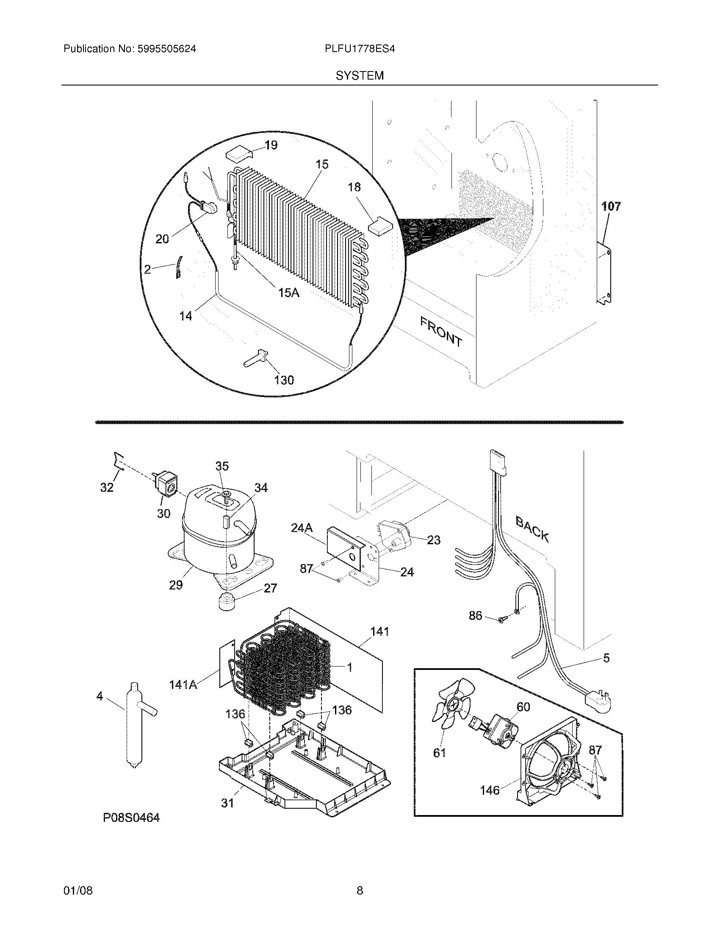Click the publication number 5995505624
(166, 49)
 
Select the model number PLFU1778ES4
(360, 49)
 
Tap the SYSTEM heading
(360, 76)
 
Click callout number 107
(611, 207)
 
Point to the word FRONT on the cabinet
(441, 332)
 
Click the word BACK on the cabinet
(532, 529)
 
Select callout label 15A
(289, 292)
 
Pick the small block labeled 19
(239, 154)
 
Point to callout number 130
(284, 380)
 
